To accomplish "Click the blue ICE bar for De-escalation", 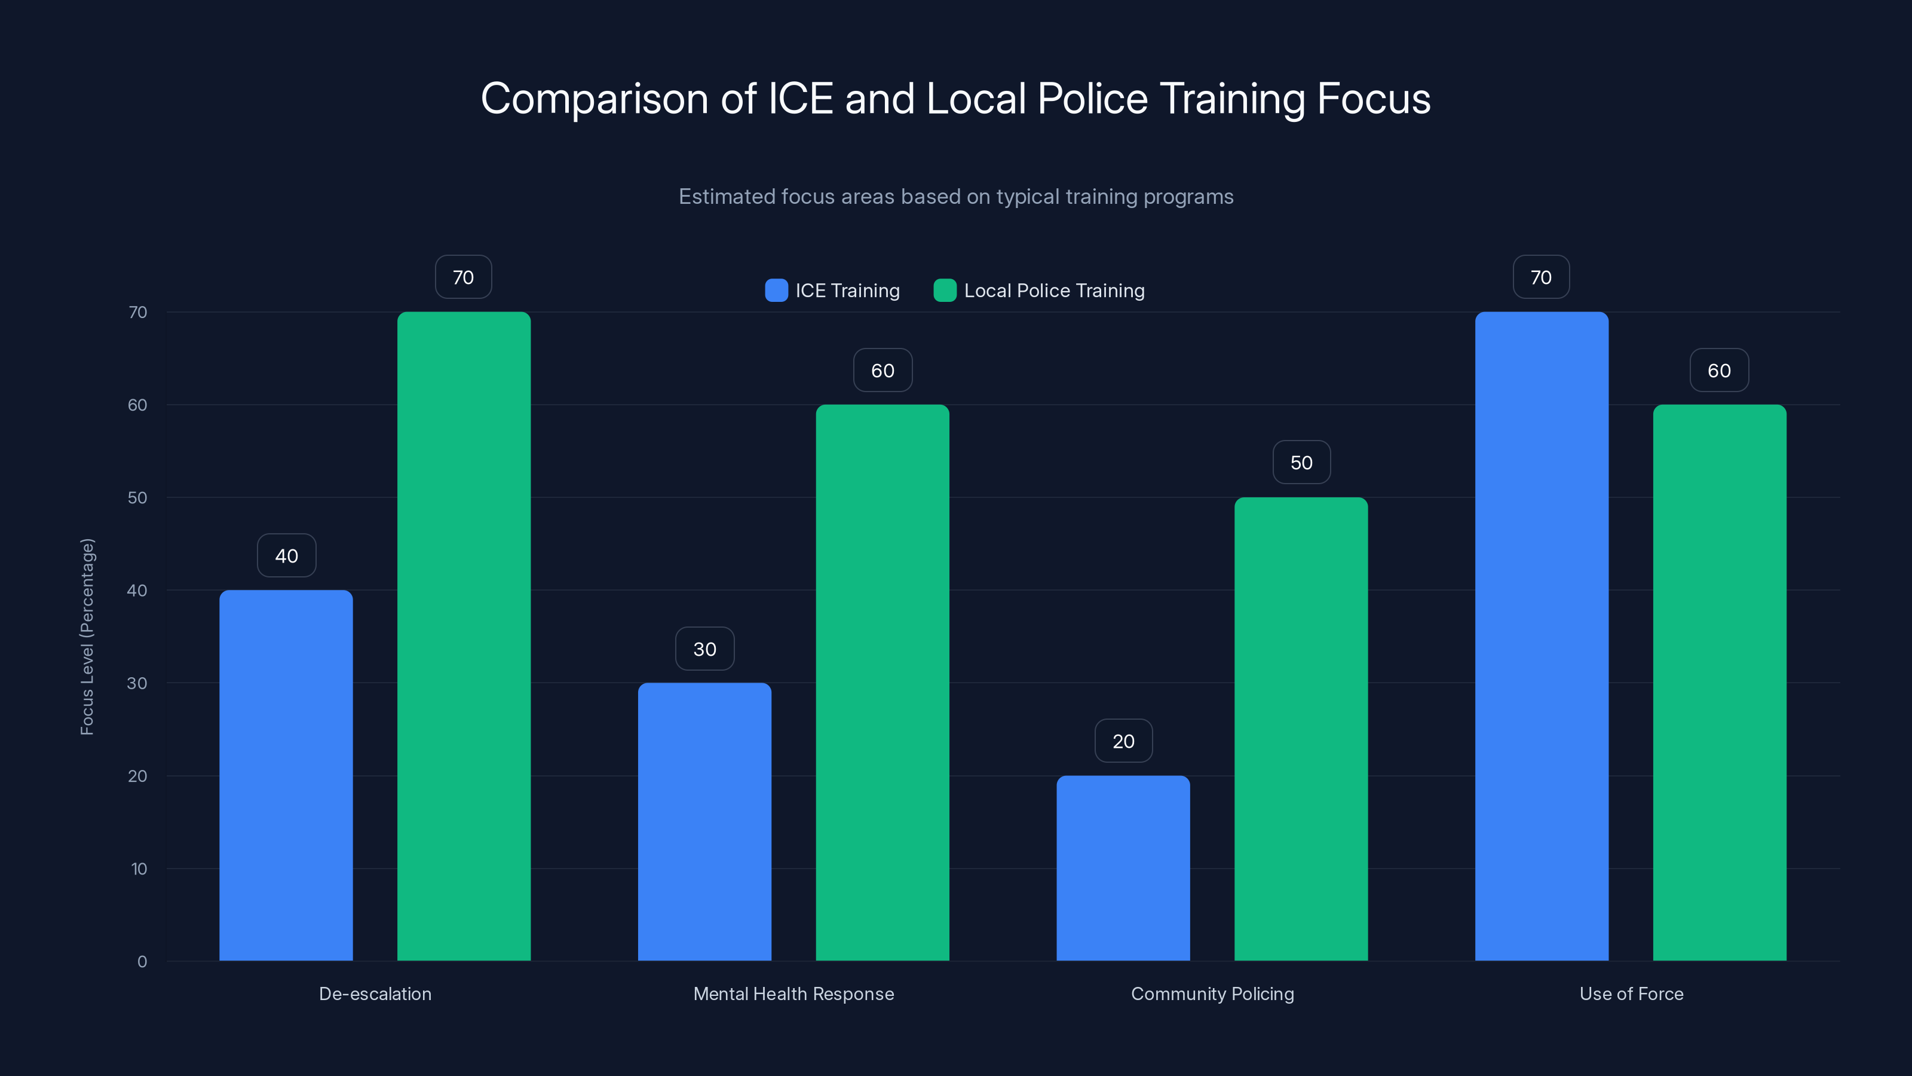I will (286, 775).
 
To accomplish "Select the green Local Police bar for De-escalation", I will (464, 637).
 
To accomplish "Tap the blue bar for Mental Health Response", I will (704, 821).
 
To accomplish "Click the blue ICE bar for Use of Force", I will (1541, 637).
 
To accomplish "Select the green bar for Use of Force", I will (1719, 683).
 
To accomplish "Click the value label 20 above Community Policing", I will (1123, 741).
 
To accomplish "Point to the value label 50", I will (1301, 463).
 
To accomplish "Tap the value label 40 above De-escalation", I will (287, 555).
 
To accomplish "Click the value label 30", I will (704, 649).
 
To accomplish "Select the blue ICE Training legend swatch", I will (776, 291).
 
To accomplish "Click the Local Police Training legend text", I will (1054, 291).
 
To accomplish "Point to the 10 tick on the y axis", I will (139, 869).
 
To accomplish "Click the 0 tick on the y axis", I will (142, 962).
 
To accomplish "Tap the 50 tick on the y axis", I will (137, 497).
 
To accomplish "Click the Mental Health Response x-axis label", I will (793, 994).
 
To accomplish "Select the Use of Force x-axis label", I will (1631, 994).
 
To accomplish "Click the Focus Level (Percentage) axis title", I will (87, 637).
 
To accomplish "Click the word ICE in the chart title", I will (800, 99).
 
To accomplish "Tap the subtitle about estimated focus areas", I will (955, 197).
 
